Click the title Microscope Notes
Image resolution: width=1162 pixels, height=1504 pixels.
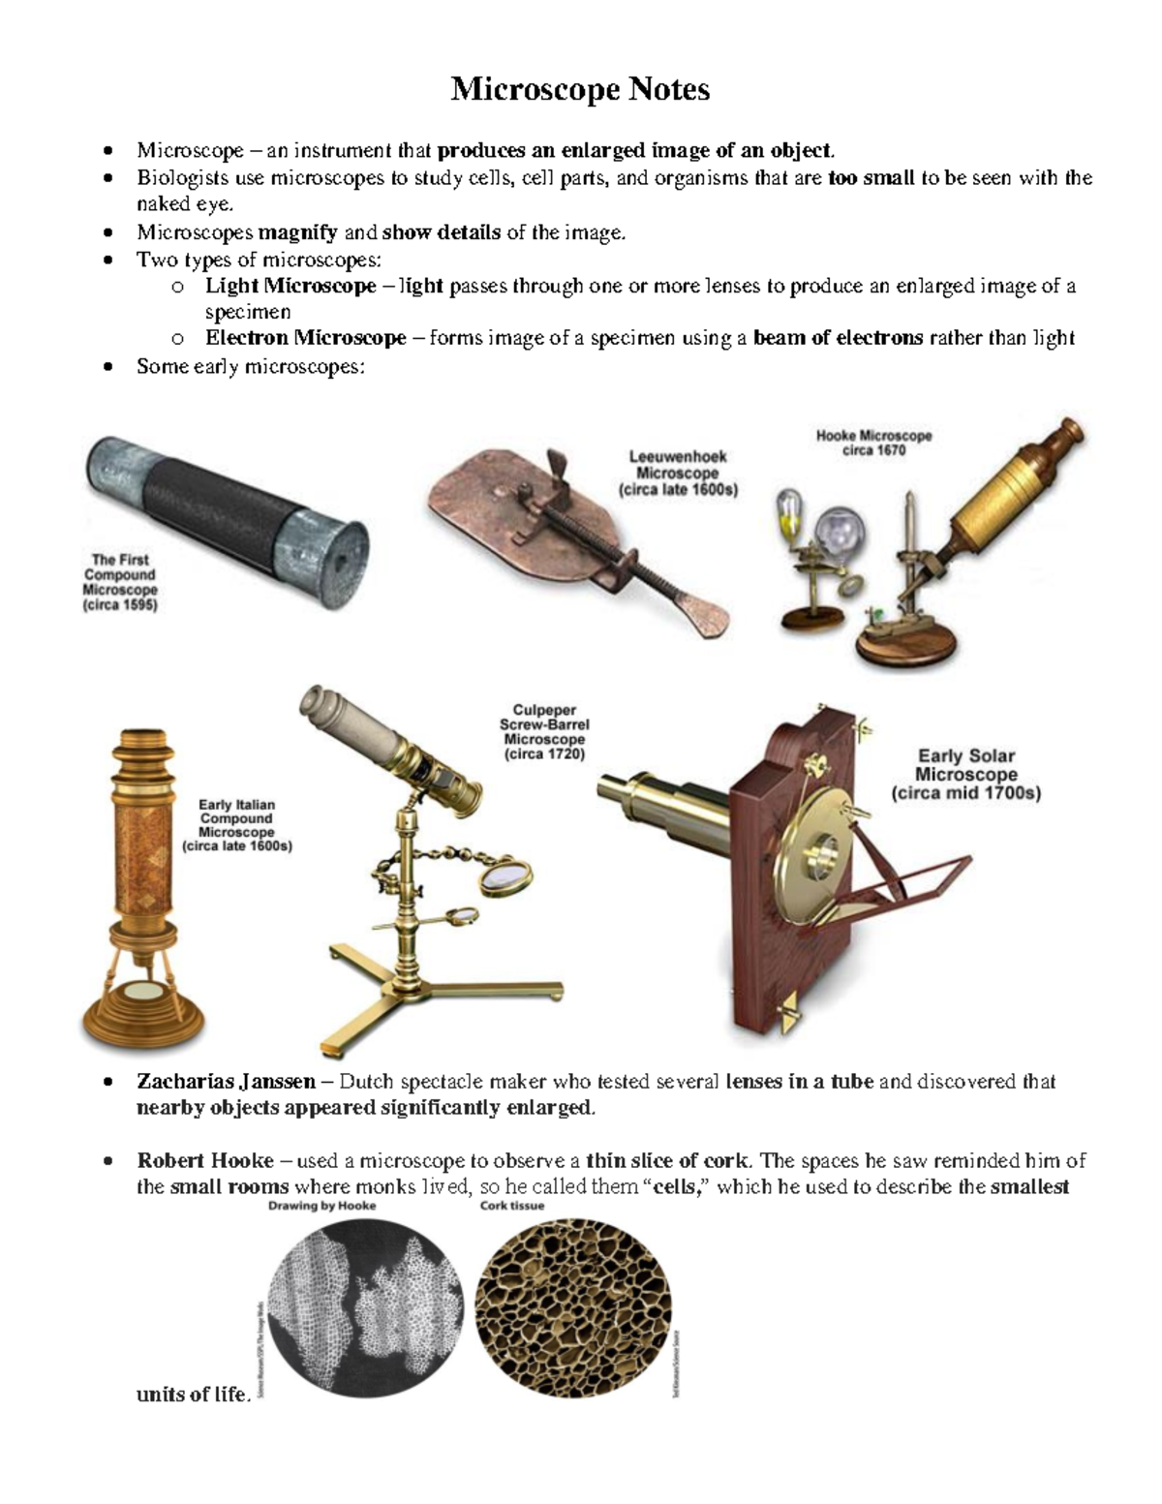pos(580,90)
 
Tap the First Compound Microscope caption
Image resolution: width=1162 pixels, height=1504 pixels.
pos(120,582)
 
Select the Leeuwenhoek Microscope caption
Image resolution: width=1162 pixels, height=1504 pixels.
pos(677,473)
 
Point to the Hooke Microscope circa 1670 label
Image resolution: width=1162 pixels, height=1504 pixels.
pos(873,443)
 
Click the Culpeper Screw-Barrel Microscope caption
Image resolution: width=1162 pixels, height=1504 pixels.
pos(544,732)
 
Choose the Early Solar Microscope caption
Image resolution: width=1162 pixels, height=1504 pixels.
pos(965,775)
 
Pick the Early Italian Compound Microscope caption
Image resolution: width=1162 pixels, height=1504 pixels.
pos(236,825)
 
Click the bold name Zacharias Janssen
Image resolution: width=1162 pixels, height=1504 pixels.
pos(226,1081)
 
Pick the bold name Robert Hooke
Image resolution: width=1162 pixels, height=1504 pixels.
pos(204,1160)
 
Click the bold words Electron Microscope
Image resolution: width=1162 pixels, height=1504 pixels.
pos(305,338)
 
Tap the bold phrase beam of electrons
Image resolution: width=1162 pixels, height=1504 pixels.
pos(838,338)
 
